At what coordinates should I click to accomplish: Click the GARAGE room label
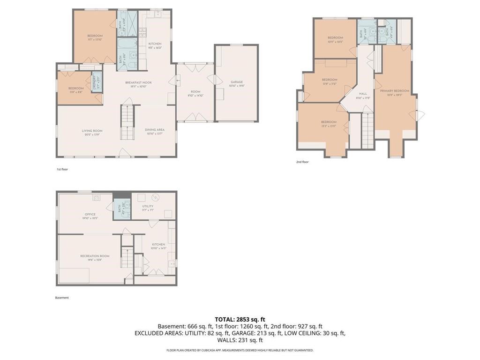coord(236,82)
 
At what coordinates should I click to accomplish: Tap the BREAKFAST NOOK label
coord(138,82)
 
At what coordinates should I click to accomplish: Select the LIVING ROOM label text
coord(92,131)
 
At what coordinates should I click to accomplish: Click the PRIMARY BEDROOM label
coord(394,91)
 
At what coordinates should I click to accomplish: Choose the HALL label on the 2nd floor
coord(363,94)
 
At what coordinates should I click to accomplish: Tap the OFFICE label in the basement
coord(90,214)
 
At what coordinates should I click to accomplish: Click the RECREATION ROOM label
coord(95,256)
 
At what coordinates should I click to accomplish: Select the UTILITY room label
coord(148,206)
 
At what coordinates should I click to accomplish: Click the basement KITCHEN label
coord(158,245)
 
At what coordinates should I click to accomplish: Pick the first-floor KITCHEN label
coord(155,44)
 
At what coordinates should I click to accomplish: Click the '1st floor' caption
coord(62,169)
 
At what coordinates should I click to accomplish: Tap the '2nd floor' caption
coord(302,162)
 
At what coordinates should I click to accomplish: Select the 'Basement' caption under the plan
coord(62,298)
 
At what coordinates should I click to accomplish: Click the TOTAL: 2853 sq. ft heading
coord(240,319)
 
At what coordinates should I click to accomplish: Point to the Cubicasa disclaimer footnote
coord(240,350)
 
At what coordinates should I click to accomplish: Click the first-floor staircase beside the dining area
coord(127,121)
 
